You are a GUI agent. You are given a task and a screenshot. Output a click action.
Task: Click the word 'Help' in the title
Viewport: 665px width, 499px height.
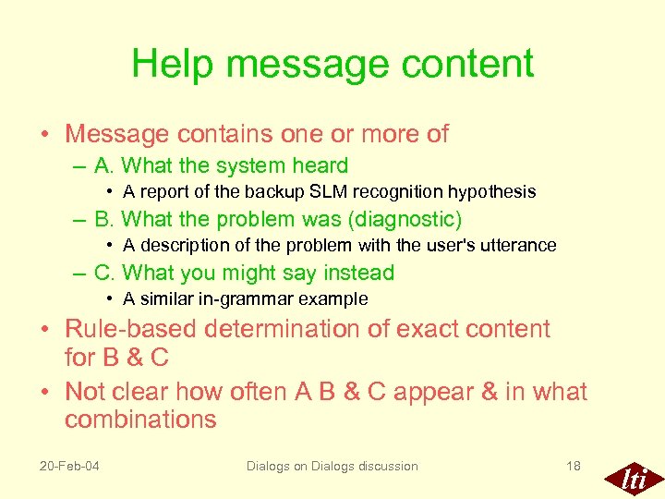(x=172, y=65)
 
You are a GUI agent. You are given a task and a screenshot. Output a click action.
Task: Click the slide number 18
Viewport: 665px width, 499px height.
(x=573, y=466)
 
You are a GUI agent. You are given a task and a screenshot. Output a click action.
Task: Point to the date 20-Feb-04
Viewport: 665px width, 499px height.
(x=69, y=466)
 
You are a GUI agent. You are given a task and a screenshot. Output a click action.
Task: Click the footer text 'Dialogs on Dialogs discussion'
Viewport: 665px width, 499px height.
(x=332, y=466)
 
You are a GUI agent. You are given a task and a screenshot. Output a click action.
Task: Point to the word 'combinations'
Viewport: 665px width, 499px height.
(x=140, y=420)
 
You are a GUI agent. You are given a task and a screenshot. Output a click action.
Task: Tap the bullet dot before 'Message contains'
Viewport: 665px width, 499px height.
(x=44, y=135)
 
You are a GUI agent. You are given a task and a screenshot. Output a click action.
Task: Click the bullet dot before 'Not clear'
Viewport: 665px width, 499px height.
(x=44, y=393)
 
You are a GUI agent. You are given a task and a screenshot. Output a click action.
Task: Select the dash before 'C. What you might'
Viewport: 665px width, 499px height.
(x=81, y=274)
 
